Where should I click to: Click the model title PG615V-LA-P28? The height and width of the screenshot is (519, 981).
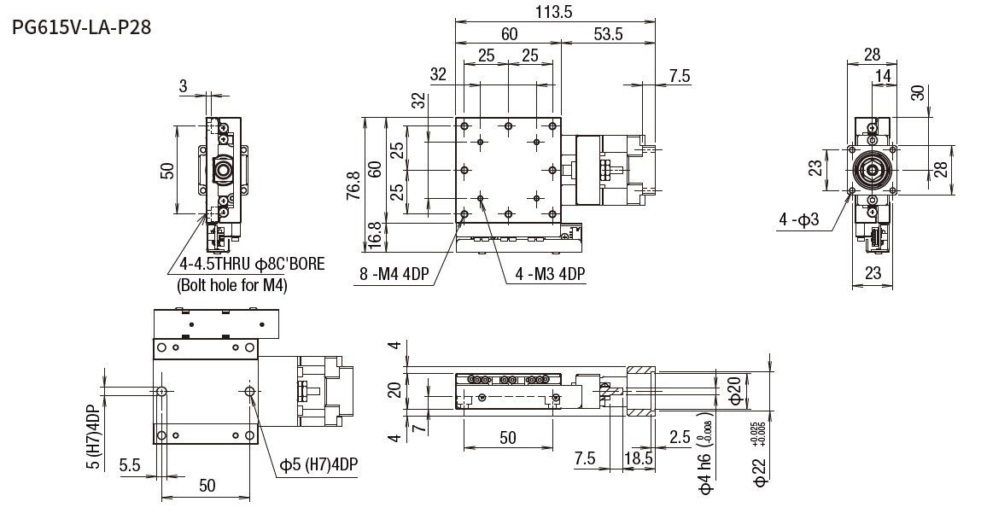[82, 28]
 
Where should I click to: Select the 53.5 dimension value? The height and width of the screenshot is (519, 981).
[607, 34]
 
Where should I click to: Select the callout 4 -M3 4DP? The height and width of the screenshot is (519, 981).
[550, 274]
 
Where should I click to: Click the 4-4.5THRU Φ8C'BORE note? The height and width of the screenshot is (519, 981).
[252, 264]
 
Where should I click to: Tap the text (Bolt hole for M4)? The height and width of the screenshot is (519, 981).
[231, 285]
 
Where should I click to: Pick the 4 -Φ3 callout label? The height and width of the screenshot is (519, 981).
[799, 220]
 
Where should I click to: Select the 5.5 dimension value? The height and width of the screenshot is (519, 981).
[130, 466]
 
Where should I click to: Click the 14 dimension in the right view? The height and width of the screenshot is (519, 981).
[882, 77]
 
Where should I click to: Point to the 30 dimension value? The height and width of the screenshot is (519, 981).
[919, 92]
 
